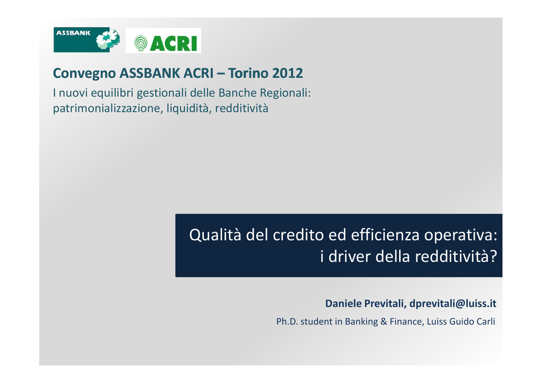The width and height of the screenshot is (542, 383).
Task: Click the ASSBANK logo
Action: tap(87, 40)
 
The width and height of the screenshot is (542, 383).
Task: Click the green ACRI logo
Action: tap(163, 40)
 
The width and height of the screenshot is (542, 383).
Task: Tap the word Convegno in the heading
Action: tap(84, 74)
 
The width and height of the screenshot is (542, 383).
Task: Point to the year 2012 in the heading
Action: tap(287, 73)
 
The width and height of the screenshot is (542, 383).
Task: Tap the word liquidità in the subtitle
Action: tap(188, 108)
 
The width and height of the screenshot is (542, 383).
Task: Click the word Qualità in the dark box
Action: tap(215, 235)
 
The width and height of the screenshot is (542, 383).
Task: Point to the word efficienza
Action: tap(385, 235)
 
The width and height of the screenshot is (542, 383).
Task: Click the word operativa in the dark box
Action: tap(460, 235)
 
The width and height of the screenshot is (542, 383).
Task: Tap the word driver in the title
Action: tap(349, 256)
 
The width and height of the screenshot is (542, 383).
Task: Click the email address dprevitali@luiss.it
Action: tap(453, 304)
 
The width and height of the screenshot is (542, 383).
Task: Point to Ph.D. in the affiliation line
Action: tap(287, 322)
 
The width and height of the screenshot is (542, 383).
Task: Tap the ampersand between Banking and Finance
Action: tap(384, 322)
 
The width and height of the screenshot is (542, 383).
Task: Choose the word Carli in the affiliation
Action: tap(486, 322)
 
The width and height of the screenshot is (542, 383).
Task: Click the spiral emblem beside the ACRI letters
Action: tap(140, 43)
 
